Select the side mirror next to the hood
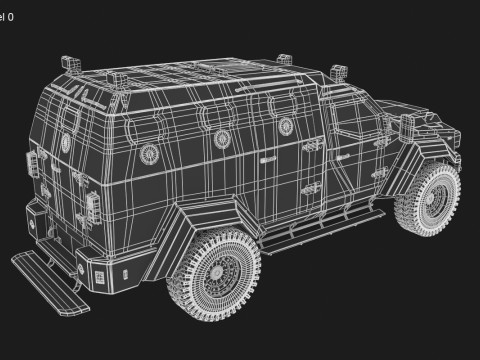pos(408,125)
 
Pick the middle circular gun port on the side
pos(220,138)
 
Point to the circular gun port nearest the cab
pos(284,125)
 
